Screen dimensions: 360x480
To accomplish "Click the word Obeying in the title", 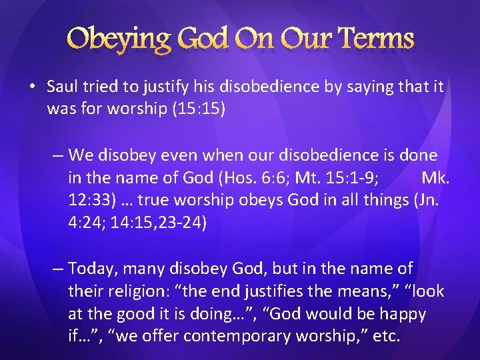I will (121, 39).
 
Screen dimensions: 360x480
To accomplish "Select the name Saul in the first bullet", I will (63, 87).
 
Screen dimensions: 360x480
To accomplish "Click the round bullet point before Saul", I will (33, 87).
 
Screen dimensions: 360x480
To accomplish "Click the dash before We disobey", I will (58, 155).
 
